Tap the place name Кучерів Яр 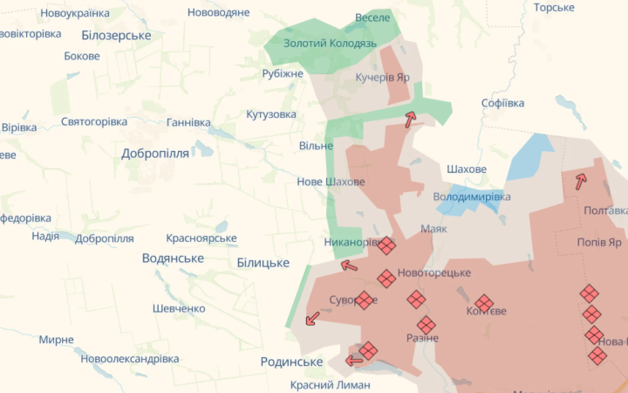point(382,77)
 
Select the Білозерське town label point(116,35)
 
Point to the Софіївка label point(502,102)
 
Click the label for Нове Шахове point(331,182)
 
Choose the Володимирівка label point(472,196)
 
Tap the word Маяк point(433,229)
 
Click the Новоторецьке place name point(433,273)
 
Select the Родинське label point(291,362)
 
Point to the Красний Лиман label point(330,384)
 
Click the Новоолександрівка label point(129,359)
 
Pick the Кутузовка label point(271,114)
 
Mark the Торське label point(554,7)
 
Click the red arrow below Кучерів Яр point(409,120)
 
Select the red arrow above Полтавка point(580,181)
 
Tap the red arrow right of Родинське point(354,360)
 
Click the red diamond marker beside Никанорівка point(386,245)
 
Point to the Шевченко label point(178,308)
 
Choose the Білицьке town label point(263,262)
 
